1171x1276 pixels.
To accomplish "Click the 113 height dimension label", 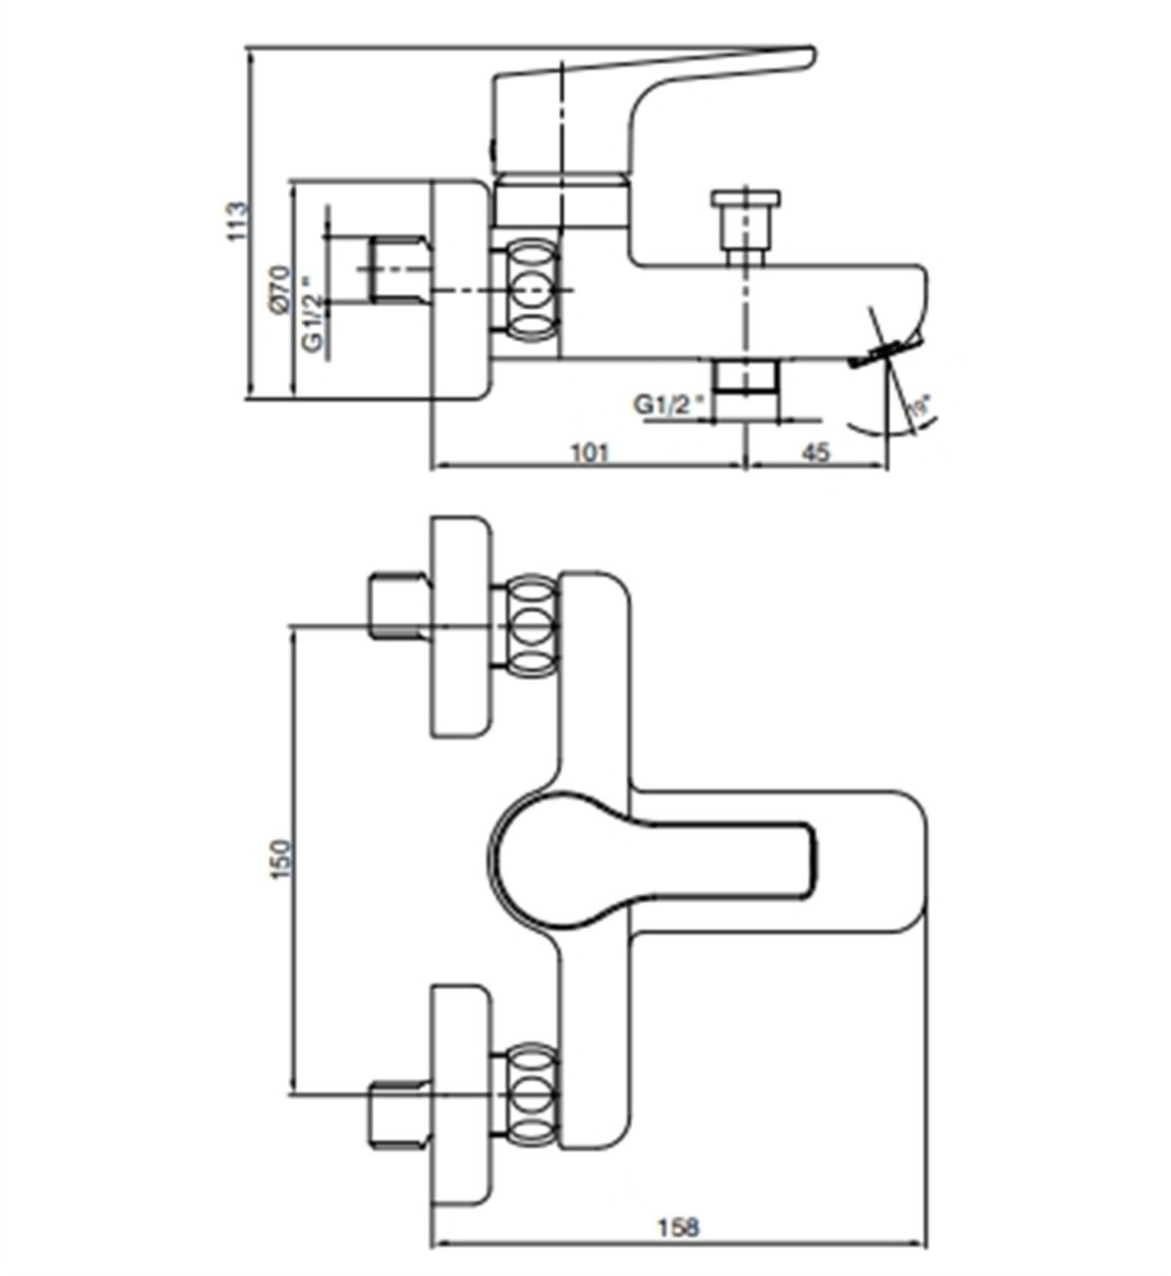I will [x=235, y=221].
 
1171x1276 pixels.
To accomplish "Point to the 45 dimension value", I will [x=815, y=453].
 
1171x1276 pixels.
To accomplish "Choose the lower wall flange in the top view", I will [x=461, y=1094].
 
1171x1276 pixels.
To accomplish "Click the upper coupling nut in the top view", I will [x=530, y=626].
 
